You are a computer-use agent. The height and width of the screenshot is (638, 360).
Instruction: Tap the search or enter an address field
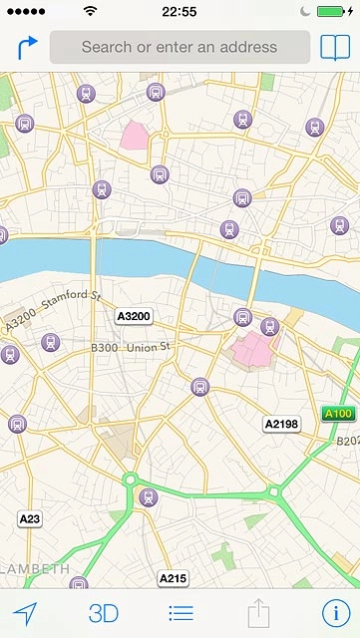[x=180, y=47]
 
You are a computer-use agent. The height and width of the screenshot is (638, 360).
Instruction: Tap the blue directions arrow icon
[x=27, y=47]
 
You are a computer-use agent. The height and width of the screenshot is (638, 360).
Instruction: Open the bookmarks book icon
[x=334, y=47]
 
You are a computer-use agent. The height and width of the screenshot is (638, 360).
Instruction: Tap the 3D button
[x=104, y=613]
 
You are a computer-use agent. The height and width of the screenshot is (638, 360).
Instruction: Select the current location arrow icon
[x=25, y=613]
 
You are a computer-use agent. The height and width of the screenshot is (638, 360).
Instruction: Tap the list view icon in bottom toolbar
[x=180, y=613]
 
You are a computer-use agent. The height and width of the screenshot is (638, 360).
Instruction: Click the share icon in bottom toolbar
[x=258, y=612]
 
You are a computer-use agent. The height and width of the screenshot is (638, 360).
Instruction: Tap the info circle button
[x=335, y=613]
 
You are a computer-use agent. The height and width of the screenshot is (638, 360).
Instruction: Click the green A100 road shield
[x=338, y=414]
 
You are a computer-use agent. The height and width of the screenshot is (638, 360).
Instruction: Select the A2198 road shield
[x=281, y=425]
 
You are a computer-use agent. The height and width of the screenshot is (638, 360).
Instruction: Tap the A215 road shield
[x=173, y=578]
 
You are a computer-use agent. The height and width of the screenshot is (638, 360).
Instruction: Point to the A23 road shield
[x=30, y=518]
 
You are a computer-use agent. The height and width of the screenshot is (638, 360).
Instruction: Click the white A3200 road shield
[x=133, y=317]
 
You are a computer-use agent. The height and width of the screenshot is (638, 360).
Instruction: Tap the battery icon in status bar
[x=332, y=11]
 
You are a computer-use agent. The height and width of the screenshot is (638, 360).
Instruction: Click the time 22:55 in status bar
[x=180, y=11]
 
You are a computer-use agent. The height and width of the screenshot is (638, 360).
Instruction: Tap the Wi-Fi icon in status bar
[x=91, y=11]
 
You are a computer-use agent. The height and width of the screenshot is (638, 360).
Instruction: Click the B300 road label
[x=104, y=348]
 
